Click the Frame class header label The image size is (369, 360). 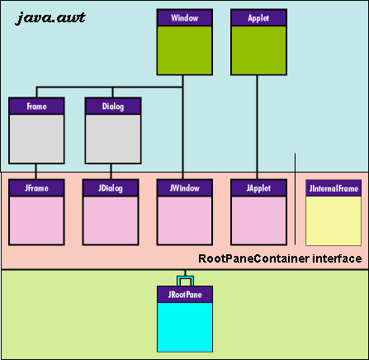[36, 106]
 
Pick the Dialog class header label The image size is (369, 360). [113, 106]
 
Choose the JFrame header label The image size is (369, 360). [36, 188]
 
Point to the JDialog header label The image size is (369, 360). [111, 188]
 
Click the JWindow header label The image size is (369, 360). [185, 188]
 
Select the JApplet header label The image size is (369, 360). [259, 188]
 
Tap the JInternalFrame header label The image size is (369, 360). [334, 188]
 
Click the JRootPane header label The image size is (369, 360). [185, 293]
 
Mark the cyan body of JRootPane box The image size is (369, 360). [185, 326]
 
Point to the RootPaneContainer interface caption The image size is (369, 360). [281, 258]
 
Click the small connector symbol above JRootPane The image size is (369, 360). [185, 279]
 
